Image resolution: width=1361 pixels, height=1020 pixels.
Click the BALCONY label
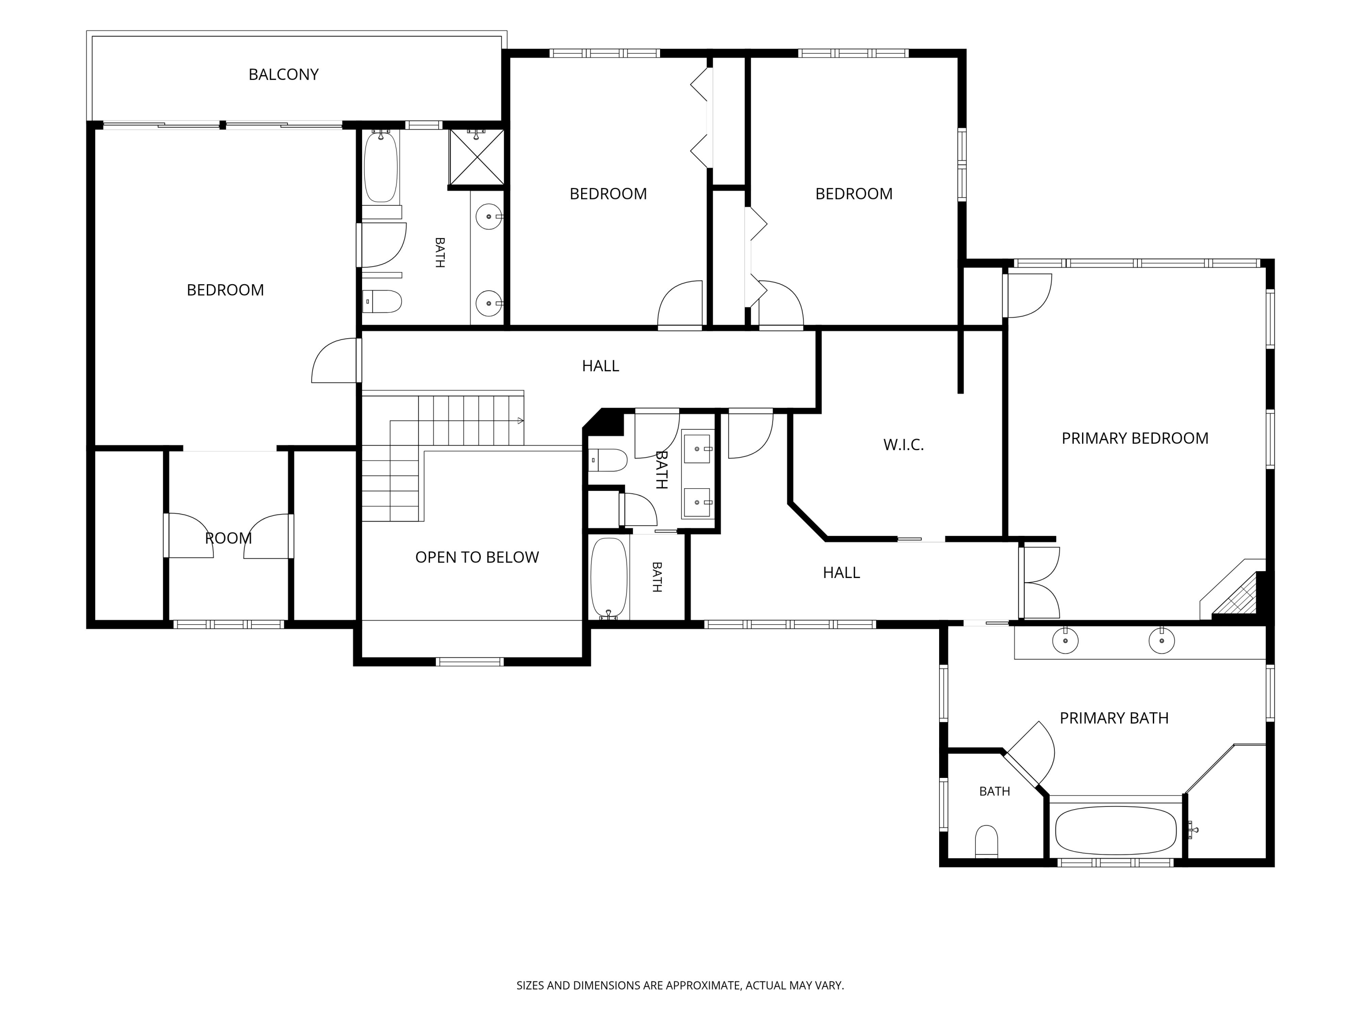pyautogui.click(x=284, y=74)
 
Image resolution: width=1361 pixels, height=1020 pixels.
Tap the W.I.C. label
pyautogui.click(x=903, y=445)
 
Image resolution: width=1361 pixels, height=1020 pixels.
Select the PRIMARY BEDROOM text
pyautogui.click(x=1135, y=438)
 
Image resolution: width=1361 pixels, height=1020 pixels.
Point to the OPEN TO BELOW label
pyautogui.click(x=477, y=557)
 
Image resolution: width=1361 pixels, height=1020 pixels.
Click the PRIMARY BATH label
pyautogui.click(x=1114, y=718)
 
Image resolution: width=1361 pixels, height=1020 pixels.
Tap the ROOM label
pyautogui.click(x=228, y=538)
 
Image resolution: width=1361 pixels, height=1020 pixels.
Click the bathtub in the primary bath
pyautogui.click(x=1116, y=830)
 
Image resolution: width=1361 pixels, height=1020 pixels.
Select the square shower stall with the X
pyautogui.click(x=477, y=157)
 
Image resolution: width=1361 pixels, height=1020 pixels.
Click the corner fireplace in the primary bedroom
pyautogui.click(x=1234, y=597)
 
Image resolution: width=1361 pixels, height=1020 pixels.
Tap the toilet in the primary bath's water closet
pyautogui.click(x=986, y=841)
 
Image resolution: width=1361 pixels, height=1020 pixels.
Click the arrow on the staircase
pyautogui.click(x=520, y=421)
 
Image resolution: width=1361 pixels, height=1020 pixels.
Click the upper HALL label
pyautogui.click(x=601, y=366)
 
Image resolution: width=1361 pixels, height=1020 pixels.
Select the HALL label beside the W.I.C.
pyautogui.click(x=841, y=573)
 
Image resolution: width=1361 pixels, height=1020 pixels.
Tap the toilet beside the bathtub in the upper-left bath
pyautogui.click(x=382, y=301)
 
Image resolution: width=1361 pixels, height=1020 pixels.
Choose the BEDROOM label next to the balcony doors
pyautogui.click(x=225, y=290)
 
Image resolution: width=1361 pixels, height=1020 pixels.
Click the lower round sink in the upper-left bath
pyautogui.click(x=489, y=303)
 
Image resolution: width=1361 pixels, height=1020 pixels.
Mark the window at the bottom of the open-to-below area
pyautogui.click(x=470, y=661)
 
